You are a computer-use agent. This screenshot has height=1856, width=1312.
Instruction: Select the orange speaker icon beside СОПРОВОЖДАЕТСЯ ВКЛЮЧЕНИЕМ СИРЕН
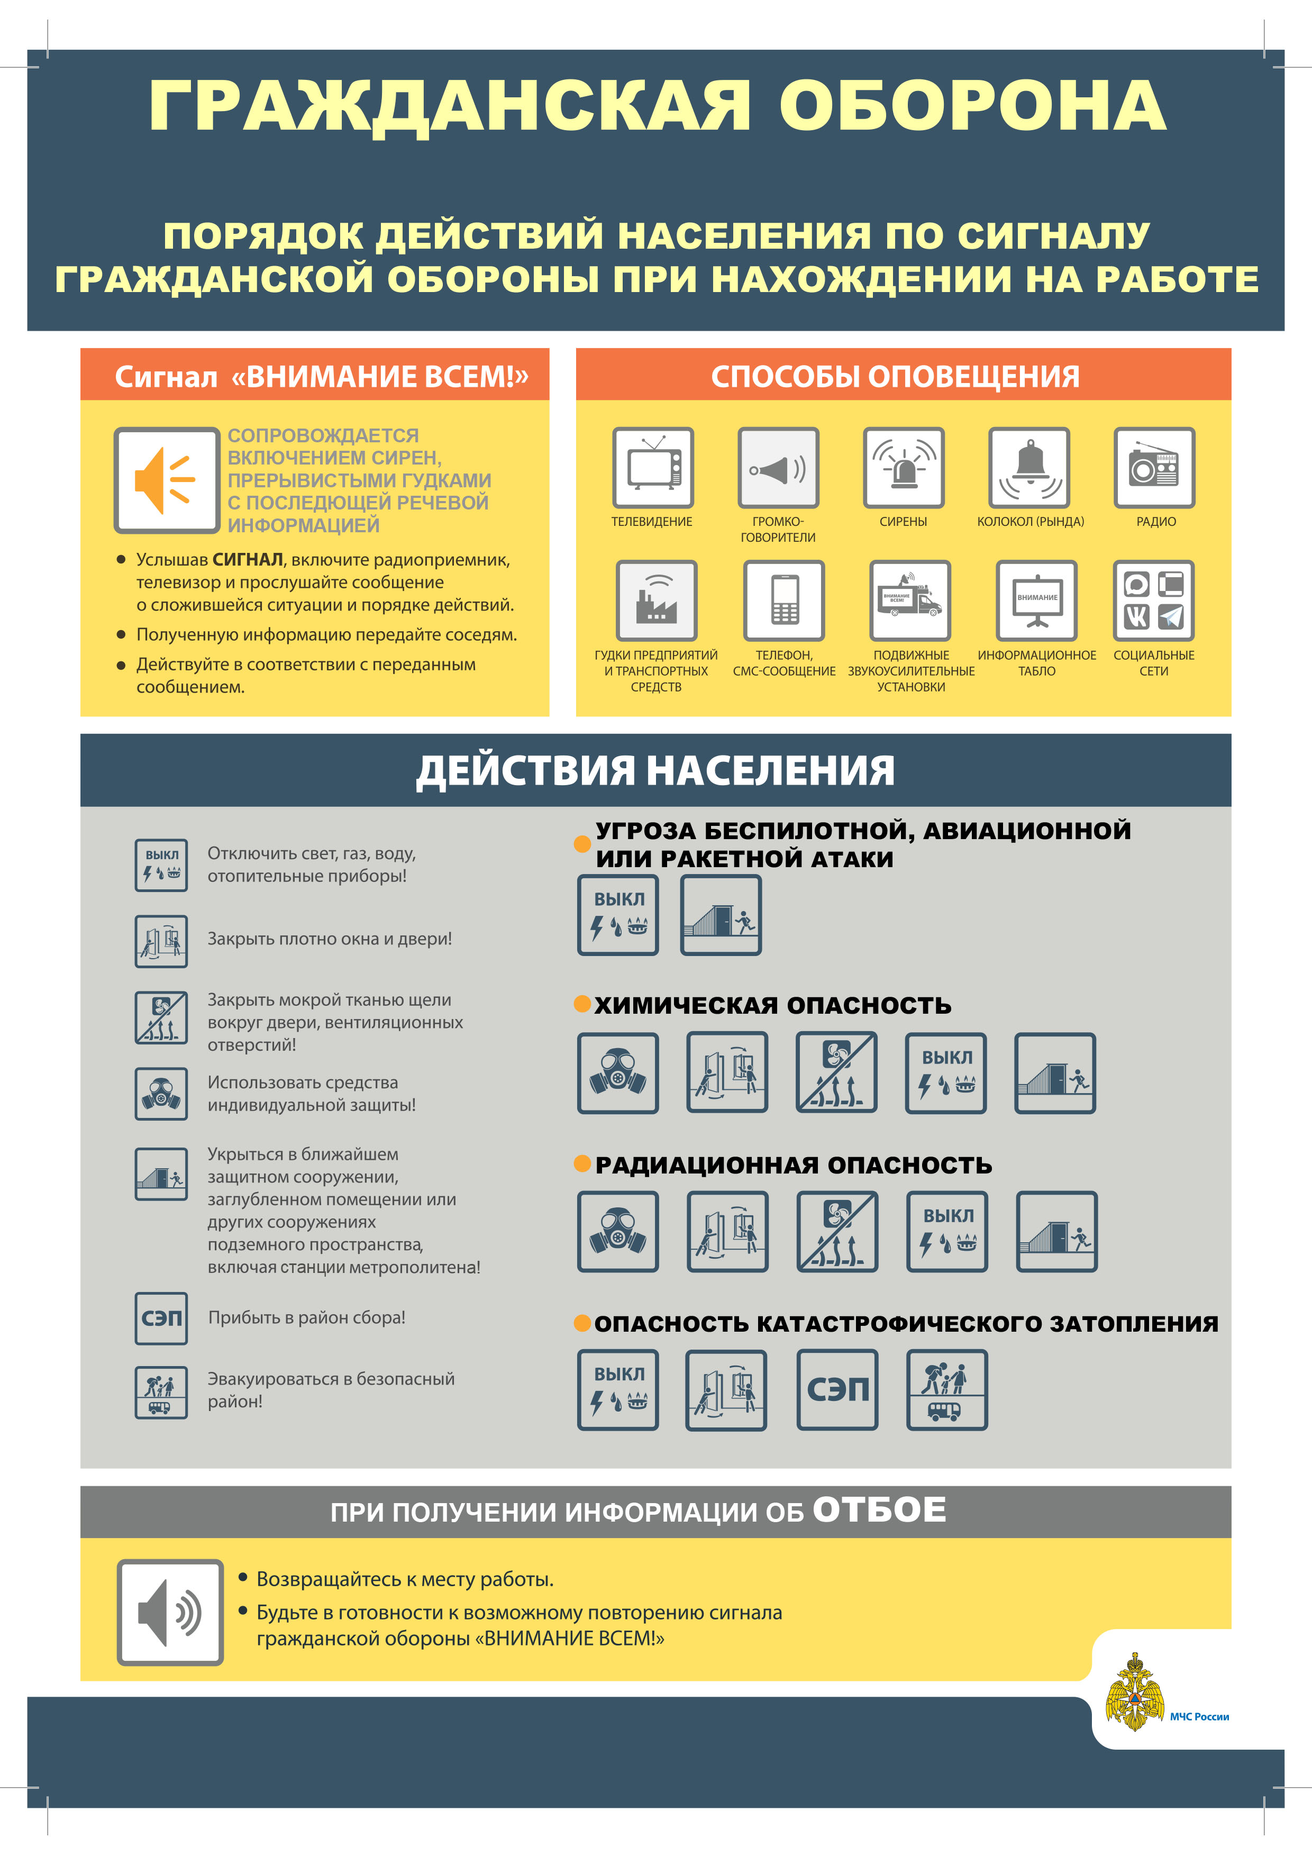point(167,481)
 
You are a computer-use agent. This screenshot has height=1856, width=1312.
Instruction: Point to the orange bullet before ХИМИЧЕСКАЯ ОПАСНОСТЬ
point(582,1004)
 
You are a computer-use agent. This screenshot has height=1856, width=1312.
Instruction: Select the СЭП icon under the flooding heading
point(837,1389)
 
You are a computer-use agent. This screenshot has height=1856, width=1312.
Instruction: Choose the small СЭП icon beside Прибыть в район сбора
point(162,1318)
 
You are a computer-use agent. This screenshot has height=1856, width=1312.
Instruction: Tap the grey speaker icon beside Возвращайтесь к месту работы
point(170,1613)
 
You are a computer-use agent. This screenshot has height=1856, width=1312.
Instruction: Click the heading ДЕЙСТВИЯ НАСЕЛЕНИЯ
point(655,770)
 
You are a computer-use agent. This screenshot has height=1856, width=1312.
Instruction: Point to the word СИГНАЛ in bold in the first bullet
point(248,559)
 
